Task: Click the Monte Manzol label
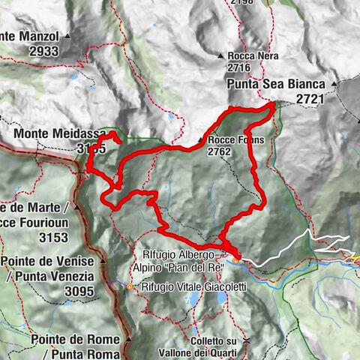(29, 35)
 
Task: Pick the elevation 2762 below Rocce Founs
(223, 151)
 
